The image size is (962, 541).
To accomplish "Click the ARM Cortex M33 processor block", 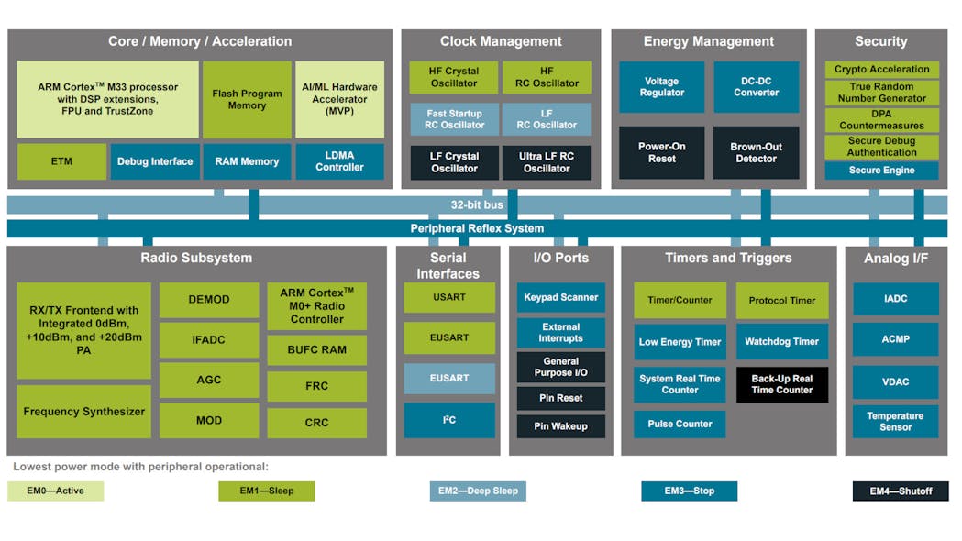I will coord(107,99).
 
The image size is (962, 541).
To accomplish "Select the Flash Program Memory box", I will coord(247,99).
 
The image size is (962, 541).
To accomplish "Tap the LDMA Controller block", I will coord(339,161).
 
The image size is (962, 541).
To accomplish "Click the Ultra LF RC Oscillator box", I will coord(547,162).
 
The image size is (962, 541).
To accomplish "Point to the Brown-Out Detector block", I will coord(756,152).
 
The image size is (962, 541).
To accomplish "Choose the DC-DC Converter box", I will coord(756,86).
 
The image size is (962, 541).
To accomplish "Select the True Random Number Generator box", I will coord(881,93).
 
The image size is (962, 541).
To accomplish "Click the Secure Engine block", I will coord(881,171).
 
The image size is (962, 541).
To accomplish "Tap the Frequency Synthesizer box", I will coord(83,412).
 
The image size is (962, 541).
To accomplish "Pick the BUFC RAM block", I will coord(317,349).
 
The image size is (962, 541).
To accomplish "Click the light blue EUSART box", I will coord(449,378).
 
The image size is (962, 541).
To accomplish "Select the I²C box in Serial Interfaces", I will coord(449,420).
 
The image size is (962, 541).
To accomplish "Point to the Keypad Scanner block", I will coord(560,297).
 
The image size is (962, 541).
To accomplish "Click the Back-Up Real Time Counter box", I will coord(781,384).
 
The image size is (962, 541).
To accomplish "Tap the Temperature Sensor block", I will coord(895,421).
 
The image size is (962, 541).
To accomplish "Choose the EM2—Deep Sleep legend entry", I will coord(478,491).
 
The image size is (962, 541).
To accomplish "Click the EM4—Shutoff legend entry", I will coord(901,491).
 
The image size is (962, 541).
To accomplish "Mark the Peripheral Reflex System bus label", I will coord(477,228).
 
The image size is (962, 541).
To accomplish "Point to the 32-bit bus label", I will coord(477,204).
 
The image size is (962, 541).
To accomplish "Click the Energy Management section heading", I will coord(708,41).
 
